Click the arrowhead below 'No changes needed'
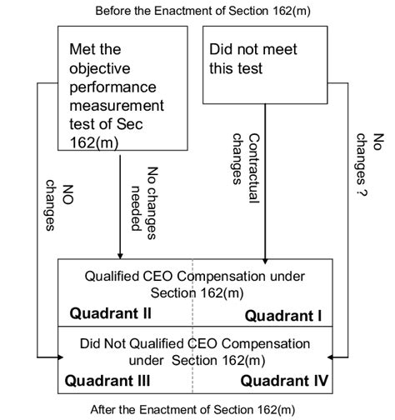coord(122,254)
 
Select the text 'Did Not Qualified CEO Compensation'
coord(194,343)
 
